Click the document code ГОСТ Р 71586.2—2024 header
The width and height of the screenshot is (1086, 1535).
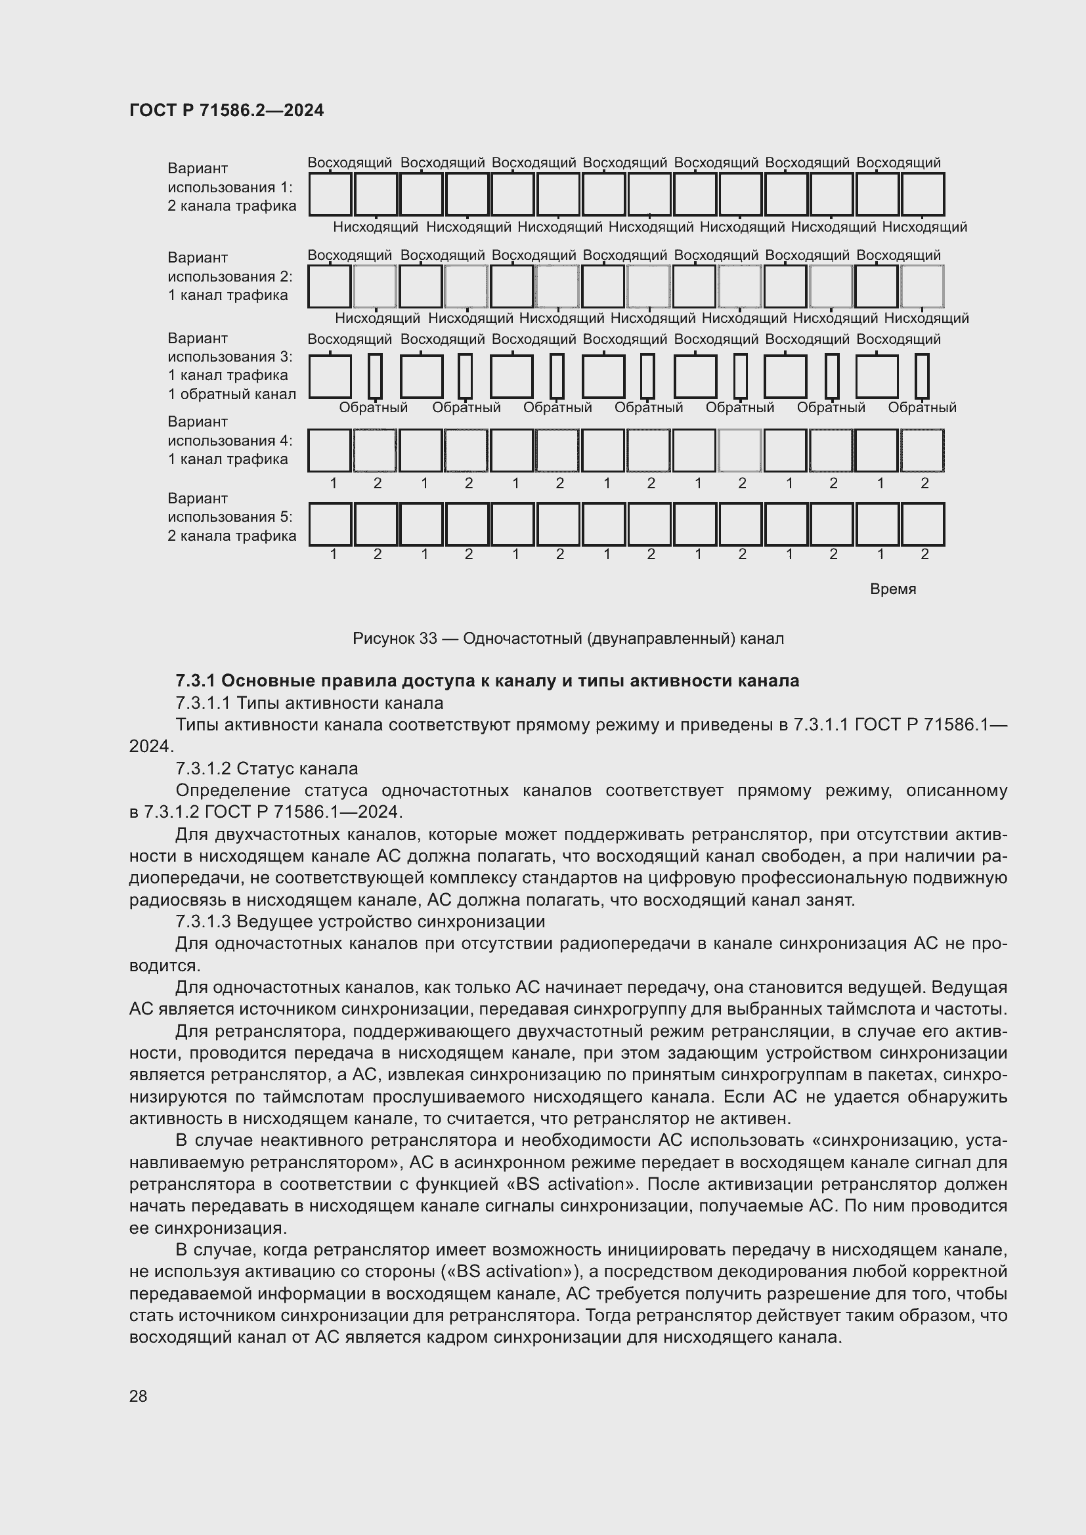226,110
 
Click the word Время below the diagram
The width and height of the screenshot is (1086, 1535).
893,589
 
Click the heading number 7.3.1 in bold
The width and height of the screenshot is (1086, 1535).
196,681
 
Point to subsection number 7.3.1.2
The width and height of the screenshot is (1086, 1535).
204,768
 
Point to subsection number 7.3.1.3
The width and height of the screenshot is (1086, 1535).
204,921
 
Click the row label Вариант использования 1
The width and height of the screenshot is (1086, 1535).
230,187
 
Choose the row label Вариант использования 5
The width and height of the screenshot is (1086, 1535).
230,516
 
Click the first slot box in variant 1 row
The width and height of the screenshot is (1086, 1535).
330,194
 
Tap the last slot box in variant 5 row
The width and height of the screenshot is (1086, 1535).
922,524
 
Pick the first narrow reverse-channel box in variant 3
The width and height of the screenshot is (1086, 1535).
375,377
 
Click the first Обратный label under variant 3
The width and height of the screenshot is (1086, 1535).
373,408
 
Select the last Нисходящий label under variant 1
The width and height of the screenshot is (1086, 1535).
924,227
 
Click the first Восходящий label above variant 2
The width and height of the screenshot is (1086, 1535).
350,255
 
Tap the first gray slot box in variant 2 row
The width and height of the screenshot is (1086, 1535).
375,286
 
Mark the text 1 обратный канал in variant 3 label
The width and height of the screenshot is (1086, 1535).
231,394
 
